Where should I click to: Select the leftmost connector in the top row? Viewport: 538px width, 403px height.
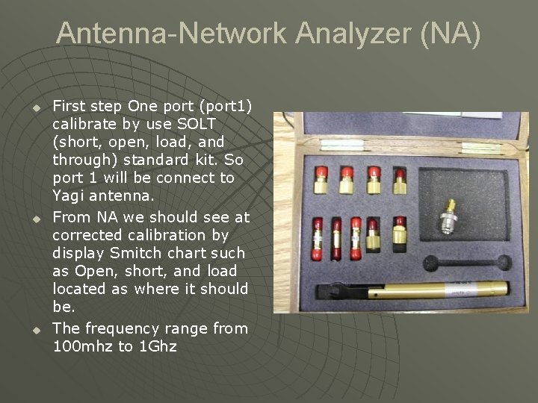322,179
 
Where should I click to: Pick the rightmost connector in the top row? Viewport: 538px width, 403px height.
399,179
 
